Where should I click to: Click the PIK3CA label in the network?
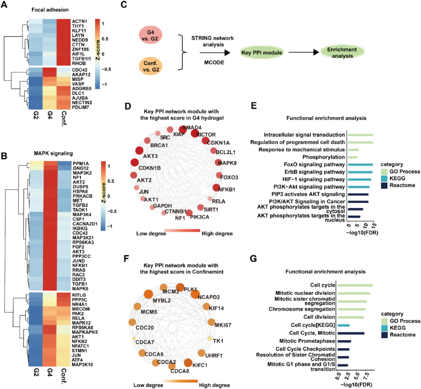tap(199, 217)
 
